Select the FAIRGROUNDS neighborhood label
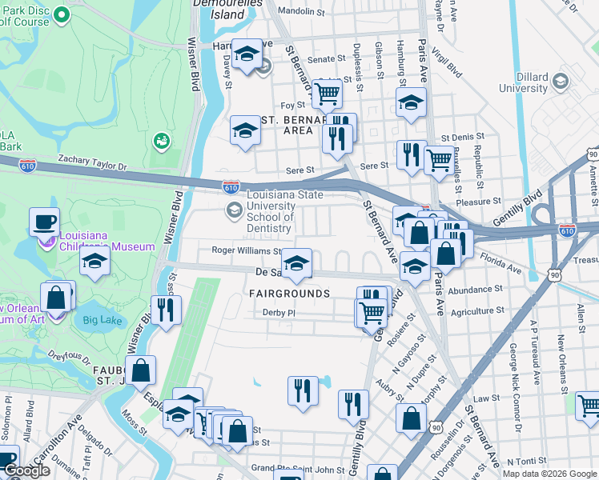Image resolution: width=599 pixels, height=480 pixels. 289,294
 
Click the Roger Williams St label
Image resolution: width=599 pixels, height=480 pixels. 247,250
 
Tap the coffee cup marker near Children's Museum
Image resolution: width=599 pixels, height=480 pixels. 45,221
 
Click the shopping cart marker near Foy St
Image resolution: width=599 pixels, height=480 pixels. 327,93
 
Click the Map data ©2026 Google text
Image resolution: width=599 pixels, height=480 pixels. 549,474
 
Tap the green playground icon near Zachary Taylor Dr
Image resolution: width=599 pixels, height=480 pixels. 162,141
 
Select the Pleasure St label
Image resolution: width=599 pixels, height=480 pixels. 478,202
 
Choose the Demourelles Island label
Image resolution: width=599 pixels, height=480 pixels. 218,10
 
